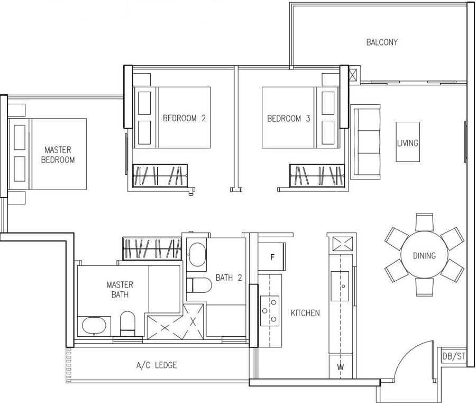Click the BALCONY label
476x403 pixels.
(x=382, y=42)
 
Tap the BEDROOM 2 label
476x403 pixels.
(x=184, y=118)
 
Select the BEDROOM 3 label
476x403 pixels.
(x=289, y=118)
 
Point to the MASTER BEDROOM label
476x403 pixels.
(x=58, y=155)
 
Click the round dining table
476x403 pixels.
(x=424, y=255)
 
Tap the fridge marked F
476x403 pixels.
(x=272, y=257)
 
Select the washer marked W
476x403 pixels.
(x=341, y=367)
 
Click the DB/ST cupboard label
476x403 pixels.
(x=454, y=356)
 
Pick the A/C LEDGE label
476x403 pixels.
(x=157, y=365)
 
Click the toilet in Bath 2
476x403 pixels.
(x=199, y=285)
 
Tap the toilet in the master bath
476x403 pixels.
(x=127, y=323)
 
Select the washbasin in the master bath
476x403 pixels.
(x=94, y=326)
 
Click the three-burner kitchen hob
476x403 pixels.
(x=270, y=311)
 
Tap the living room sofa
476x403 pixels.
(x=365, y=142)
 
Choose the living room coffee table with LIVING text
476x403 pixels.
(x=408, y=142)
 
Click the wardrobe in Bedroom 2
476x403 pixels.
(x=160, y=176)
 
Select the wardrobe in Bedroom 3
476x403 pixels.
(x=317, y=176)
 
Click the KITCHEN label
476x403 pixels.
(x=305, y=313)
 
